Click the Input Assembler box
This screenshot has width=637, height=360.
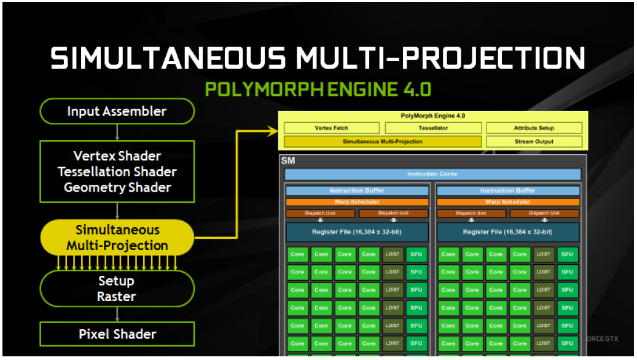(117, 111)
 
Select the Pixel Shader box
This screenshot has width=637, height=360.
(117, 334)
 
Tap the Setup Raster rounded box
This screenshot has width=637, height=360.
(117, 289)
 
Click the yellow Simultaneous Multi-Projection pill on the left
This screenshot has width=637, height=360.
(117, 238)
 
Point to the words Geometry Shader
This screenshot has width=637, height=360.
(117, 187)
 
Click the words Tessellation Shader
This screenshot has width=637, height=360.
(117, 171)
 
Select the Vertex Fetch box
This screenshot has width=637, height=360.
(332, 128)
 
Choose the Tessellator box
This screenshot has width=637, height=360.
(433, 128)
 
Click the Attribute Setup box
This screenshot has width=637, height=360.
(534, 128)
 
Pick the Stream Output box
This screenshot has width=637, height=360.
(534, 142)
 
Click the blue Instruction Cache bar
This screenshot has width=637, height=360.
(432, 174)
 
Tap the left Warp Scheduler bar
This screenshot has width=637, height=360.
(357, 202)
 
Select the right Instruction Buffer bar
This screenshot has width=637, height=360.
(508, 190)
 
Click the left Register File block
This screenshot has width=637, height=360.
(357, 232)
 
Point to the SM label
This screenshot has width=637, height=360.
(288, 161)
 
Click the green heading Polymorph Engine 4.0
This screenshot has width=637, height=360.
(318, 90)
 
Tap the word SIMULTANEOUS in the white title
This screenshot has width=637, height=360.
(168, 58)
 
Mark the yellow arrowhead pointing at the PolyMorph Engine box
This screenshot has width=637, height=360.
(272, 131)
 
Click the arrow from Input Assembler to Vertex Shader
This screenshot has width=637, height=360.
(117, 133)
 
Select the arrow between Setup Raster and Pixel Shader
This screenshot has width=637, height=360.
(117, 315)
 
